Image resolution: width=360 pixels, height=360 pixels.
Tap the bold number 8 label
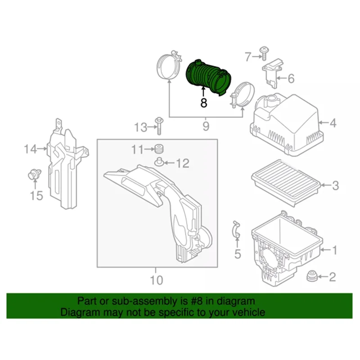point(203,103)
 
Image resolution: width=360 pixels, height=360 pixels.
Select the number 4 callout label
point(333,122)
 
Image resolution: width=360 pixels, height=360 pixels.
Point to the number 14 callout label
point(30,148)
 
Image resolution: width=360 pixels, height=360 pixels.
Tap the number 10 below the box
point(156,280)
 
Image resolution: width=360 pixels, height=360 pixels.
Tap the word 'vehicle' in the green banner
point(249,312)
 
